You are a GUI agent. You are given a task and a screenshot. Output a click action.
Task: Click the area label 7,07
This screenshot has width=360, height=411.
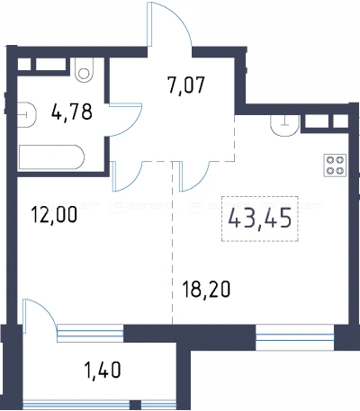[x=186, y=85]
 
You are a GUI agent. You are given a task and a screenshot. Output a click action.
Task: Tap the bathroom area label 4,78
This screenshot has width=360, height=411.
[x=72, y=112]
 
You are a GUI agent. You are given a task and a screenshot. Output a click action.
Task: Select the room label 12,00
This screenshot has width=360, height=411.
[x=54, y=215]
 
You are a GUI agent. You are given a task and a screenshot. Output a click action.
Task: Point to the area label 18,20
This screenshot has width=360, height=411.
[x=206, y=290]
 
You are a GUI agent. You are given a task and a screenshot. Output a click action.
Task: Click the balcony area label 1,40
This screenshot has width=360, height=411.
[x=103, y=370]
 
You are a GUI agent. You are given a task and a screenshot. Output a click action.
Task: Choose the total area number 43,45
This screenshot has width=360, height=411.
[x=260, y=218]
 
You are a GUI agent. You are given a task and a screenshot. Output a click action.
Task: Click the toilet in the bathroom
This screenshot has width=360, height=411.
[x=84, y=70]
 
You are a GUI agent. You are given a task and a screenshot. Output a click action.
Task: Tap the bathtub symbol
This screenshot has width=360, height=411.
[x=51, y=157]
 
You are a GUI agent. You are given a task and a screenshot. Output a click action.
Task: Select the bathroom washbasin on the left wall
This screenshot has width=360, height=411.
[x=27, y=115]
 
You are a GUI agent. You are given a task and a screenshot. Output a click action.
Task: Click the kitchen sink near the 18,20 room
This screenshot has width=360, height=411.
[x=285, y=125]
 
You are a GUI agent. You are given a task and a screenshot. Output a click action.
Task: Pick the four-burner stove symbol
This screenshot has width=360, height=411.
[x=335, y=165]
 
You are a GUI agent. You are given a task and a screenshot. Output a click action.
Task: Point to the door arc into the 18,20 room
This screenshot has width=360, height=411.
[x=201, y=181]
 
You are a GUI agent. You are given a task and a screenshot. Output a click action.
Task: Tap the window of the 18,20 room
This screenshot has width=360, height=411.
[x=294, y=337]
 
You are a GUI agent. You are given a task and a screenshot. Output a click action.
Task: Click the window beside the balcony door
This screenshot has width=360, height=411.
[x=90, y=333]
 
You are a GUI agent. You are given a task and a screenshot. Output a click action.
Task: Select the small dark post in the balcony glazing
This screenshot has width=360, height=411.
[x=135, y=405]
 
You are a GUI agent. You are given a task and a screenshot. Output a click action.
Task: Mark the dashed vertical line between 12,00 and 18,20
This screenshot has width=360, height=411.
[x=173, y=243]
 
